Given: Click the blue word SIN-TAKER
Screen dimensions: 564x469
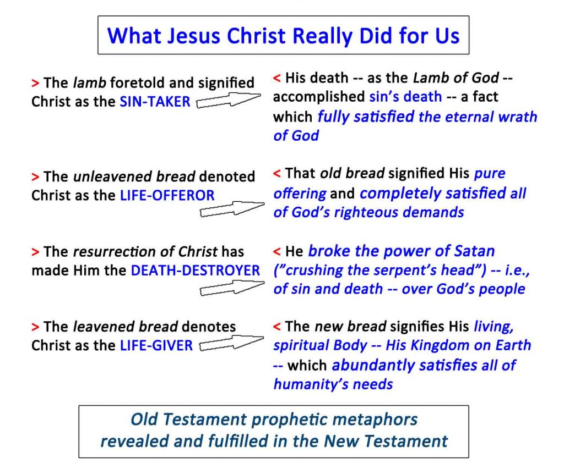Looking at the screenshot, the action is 155,102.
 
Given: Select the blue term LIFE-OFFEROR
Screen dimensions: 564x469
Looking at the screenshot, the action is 167,195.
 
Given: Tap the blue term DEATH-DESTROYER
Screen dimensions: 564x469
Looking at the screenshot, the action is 196,271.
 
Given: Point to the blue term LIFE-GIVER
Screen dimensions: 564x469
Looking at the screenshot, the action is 156,345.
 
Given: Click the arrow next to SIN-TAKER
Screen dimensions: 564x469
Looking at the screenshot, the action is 229,100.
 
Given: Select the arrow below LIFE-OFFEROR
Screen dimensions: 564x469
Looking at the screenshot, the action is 232,209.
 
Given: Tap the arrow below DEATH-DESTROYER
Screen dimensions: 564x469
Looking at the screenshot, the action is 232,288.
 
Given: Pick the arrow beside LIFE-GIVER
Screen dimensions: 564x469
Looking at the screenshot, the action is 232,343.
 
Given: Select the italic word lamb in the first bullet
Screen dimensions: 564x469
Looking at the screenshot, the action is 90,82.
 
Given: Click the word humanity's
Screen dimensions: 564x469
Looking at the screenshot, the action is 312,384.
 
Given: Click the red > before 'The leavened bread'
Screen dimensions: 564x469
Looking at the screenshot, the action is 35,327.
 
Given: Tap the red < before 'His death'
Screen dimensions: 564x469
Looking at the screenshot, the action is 276,78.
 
